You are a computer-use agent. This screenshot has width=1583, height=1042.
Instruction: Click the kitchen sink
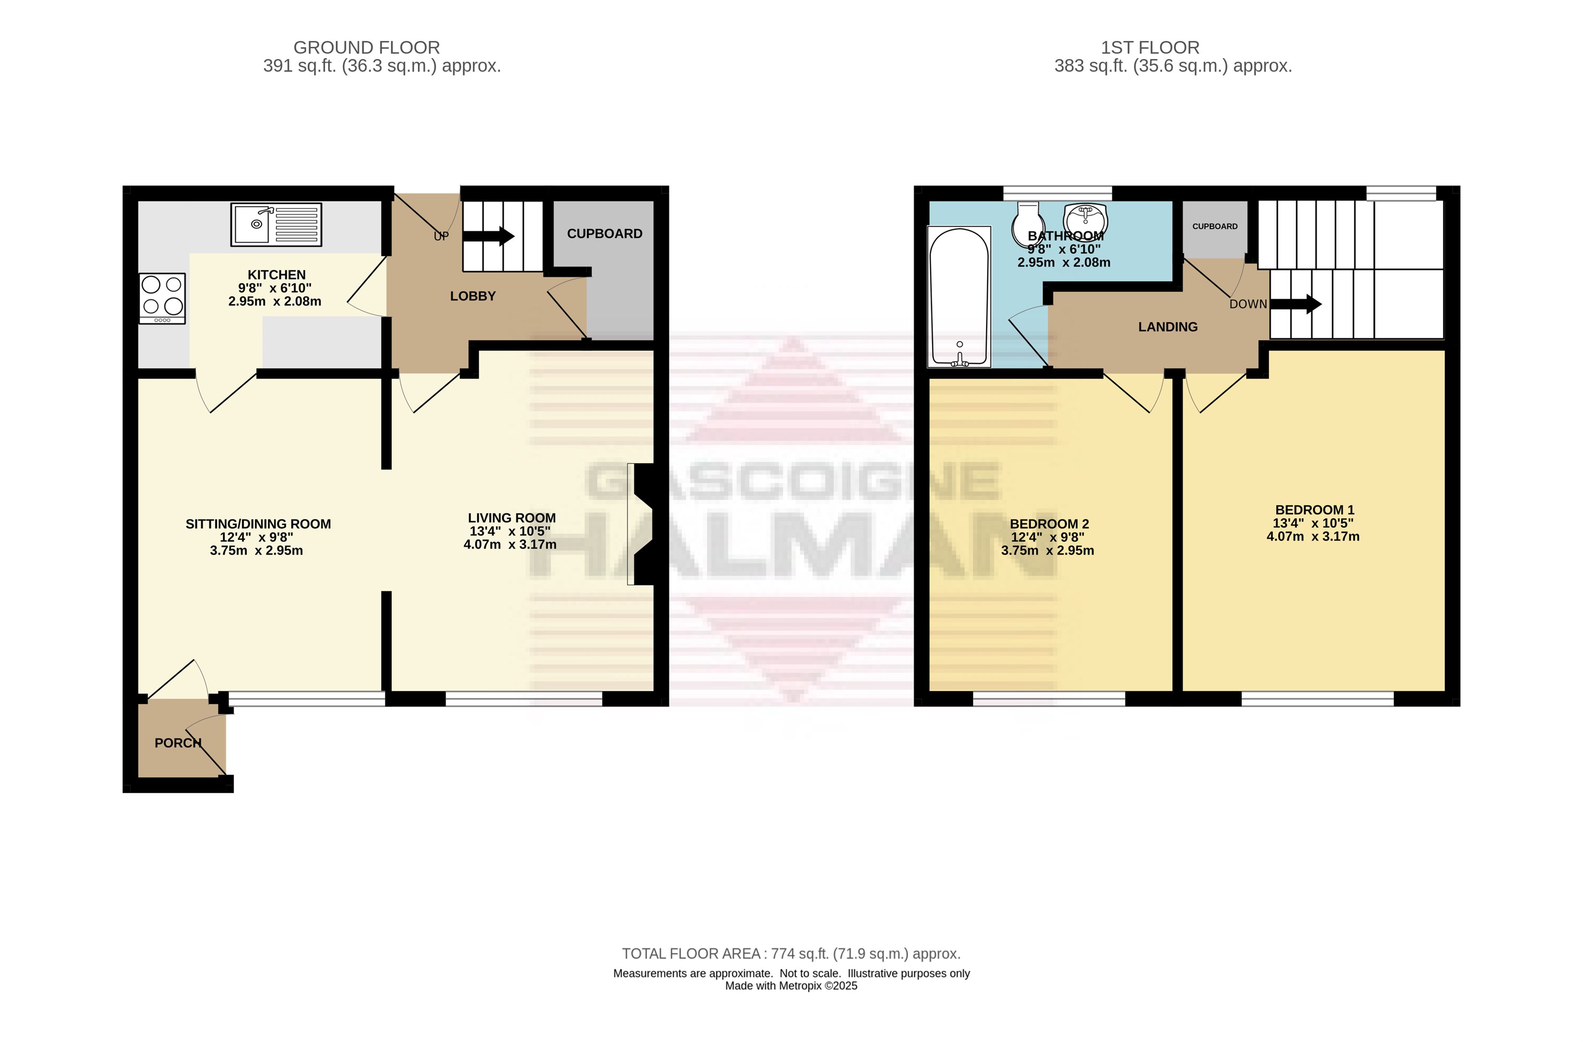[276, 224]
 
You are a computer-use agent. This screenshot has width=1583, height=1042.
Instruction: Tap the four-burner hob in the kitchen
[162, 299]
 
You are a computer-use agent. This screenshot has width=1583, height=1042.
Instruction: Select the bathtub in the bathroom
[959, 297]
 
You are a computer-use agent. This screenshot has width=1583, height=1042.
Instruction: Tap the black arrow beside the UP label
[488, 236]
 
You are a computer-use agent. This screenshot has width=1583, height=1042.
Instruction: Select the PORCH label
[177, 743]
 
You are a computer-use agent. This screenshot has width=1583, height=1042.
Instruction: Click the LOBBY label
[473, 296]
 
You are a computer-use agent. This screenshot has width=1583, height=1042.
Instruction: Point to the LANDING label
[1168, 327]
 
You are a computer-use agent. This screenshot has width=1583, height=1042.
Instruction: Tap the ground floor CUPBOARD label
[604, 234]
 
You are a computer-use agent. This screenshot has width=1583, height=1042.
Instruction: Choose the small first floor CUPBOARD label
[1215, 226]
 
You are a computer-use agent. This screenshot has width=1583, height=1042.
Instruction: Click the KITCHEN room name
[277, 275]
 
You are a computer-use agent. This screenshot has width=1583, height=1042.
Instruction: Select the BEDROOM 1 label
[1314, 510]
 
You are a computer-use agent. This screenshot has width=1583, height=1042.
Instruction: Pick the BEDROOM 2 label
[1049, 524]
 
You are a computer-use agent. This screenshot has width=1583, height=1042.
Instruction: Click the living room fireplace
[640, 524]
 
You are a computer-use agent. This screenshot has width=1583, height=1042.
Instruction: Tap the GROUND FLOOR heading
[366, 48]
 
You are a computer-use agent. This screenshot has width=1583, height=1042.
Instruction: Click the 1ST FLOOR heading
[1150, 48]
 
